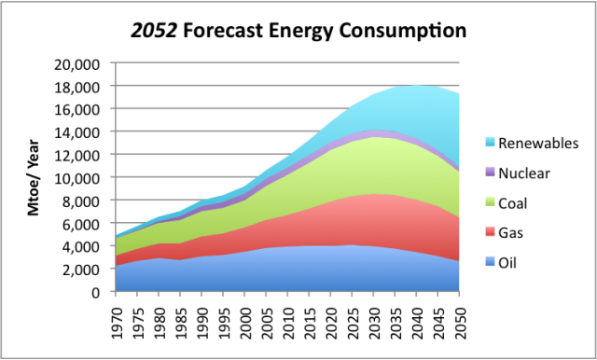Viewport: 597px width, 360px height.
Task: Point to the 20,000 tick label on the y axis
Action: [x=85, y=63]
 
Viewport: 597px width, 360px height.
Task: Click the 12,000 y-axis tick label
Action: [x=85, y=155]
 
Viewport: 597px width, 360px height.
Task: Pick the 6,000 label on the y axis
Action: [x=89, y=223]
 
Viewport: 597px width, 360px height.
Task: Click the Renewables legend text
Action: [x=537, y=144]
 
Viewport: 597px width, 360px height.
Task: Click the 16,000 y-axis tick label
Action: [x=85, y=109]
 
